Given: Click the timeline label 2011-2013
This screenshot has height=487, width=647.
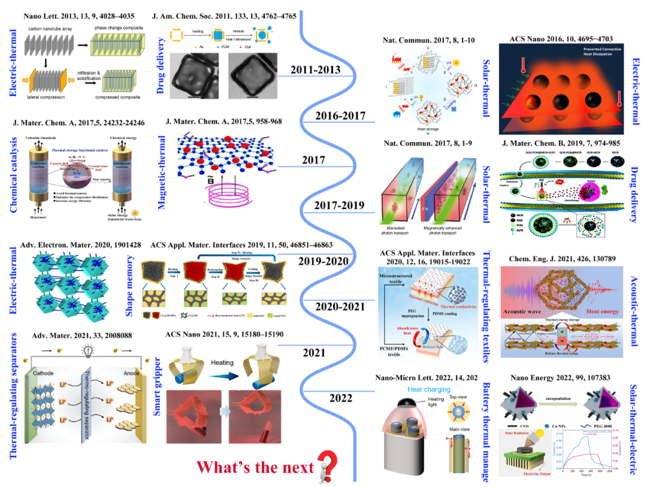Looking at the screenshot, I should (316, 70).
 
